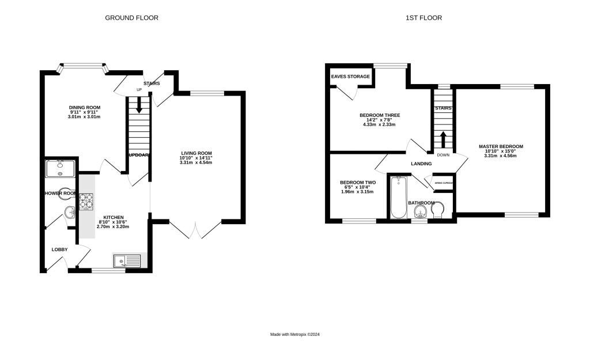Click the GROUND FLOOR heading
131,18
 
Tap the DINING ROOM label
85,108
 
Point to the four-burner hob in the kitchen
87,201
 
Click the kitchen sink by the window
127,261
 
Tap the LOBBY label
60,249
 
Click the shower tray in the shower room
59,169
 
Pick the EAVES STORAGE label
350,77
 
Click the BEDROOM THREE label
380,115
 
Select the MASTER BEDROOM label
501,146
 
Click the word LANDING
421,164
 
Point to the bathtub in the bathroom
398,198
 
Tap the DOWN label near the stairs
442,155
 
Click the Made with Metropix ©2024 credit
294,335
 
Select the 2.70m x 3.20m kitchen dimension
114,226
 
